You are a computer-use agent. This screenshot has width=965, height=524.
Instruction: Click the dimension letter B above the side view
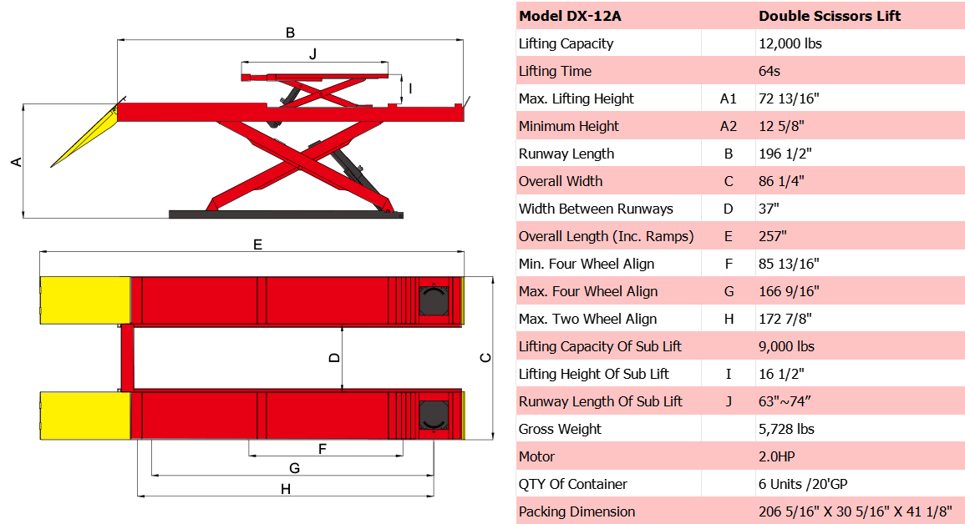click(290, 33)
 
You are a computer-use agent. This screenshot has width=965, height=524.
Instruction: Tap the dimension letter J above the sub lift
click(312, 54)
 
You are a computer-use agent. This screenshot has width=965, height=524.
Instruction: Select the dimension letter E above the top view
click(258, 244)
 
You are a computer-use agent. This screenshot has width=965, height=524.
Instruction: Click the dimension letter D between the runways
click(333, 357)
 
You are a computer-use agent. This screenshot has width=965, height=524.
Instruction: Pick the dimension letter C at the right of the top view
click(485, 358)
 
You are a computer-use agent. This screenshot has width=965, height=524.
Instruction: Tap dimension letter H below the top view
click(285, 489)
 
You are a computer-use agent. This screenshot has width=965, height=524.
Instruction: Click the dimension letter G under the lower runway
click(294, 468)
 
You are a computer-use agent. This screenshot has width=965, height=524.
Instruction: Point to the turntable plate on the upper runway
click(434, 300)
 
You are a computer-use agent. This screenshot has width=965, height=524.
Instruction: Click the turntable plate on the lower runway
click(434, 415)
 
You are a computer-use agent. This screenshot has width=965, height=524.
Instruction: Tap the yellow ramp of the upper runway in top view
click(85, 300)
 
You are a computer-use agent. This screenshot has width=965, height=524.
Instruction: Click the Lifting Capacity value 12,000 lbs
click(790, 43)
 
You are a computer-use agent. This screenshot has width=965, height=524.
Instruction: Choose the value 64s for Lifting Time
click(769, 71)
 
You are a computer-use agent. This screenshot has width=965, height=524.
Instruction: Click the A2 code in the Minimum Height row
click(729, 126)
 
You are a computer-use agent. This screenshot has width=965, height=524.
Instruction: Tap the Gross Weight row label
click(560, 429)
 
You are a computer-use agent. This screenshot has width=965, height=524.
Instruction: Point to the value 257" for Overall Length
click(773, 236)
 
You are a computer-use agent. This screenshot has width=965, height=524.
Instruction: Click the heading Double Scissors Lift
click(830, 16)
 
